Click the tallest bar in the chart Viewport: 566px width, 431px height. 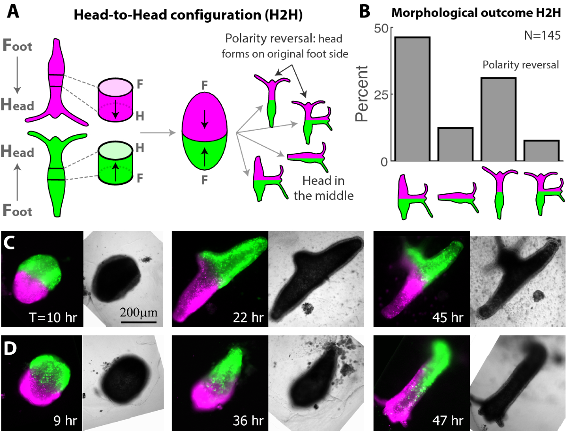412,99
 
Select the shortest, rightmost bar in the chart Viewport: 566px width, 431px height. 541,151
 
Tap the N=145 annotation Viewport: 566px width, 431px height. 541,35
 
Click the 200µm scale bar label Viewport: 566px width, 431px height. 139,313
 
